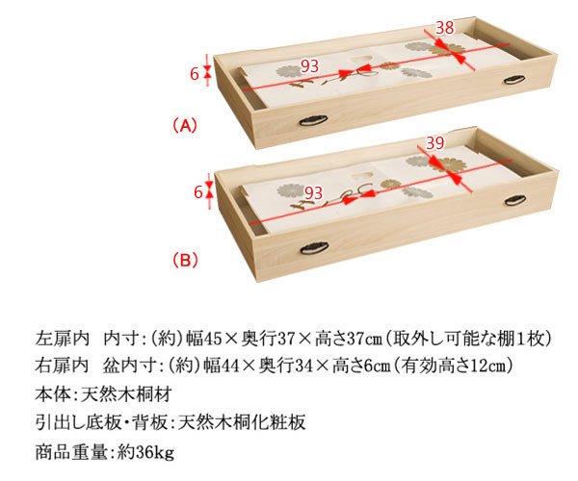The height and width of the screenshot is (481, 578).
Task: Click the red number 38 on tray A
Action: point(444,28)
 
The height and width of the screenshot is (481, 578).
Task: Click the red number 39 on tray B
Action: point(435,142)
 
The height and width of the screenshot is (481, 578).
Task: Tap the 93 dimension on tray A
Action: point(309,66)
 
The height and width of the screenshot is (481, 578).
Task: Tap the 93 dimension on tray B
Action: point(313,192)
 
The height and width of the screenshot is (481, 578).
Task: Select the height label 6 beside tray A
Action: point(195,74)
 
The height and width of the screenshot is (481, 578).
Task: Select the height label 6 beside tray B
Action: point(198,192)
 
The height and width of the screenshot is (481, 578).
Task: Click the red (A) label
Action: point(185,125)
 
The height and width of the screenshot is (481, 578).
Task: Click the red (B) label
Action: point(185,260)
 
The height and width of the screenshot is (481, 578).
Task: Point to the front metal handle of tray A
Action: point(313,120)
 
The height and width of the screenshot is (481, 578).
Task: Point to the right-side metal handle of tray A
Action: point(514,79)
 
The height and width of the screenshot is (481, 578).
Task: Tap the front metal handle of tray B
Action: point(314,248)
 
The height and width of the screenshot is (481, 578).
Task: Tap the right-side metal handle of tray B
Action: point(515,200)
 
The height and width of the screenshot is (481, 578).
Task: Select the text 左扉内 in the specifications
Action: point(62,339)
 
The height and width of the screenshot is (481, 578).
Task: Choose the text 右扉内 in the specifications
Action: point(62,366)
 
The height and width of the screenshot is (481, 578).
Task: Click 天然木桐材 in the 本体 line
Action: point(126,394)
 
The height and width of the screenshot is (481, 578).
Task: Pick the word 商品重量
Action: point(71,451)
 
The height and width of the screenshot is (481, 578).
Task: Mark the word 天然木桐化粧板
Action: point(242,422)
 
